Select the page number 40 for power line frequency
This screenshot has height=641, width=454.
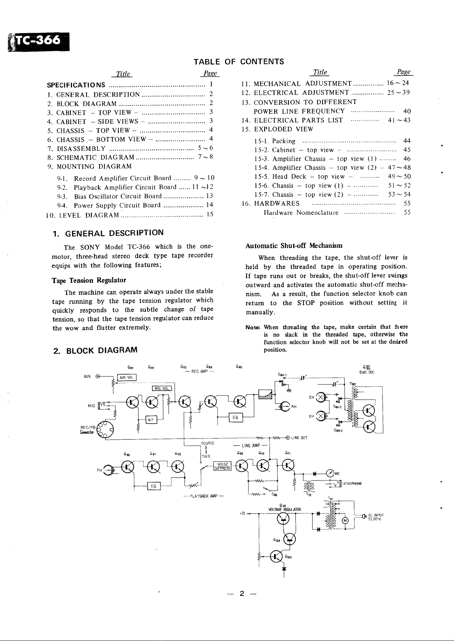406,111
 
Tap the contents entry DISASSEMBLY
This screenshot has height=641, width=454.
81,148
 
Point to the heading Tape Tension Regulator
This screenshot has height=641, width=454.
88,281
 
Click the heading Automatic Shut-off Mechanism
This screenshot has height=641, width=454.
294,246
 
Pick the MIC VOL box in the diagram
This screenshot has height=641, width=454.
161,388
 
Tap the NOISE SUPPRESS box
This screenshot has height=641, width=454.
222,466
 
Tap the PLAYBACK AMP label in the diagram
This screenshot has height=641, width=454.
203,496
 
